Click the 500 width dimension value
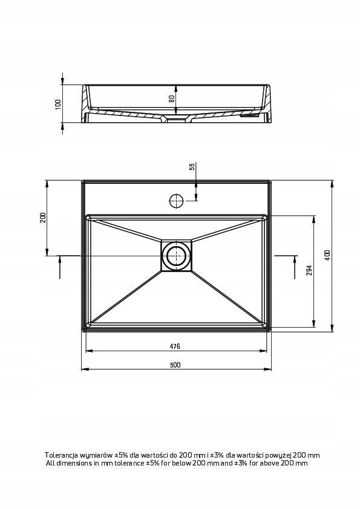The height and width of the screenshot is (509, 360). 175,365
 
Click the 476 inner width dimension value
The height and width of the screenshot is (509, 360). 175,346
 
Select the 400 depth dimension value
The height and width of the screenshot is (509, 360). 327,255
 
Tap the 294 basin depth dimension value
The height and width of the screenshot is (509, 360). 309,270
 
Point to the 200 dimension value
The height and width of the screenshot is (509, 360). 43,218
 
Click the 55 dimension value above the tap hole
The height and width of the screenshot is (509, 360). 192,167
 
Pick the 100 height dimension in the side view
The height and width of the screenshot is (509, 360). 59,104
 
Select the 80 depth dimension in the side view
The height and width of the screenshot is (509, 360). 172,98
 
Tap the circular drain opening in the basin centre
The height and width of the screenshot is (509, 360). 176,256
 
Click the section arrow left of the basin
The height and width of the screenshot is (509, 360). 60,266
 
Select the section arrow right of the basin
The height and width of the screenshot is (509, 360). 293,266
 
